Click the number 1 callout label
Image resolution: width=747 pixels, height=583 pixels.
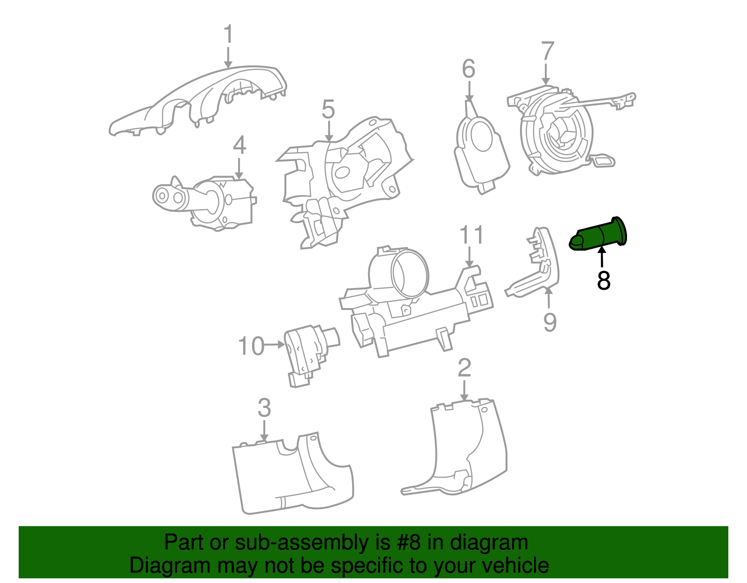click(228, 35)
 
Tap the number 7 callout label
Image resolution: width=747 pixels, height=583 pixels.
click(548, 52)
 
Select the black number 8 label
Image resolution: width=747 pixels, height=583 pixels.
click(604, 281)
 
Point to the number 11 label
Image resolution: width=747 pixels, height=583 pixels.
click(472, 235)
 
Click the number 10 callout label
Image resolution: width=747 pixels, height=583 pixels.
click(251, 346)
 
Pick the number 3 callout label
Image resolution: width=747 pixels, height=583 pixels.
click(264, 408)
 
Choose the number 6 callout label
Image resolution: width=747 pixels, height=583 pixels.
click(468, 70)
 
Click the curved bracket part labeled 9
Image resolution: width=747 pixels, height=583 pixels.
click(537, 271)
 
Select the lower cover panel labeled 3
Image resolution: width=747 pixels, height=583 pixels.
click(289, 476)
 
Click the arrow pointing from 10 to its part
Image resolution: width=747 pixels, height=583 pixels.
click(275, 345)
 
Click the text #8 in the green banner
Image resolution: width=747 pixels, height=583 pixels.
click(409, 543)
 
